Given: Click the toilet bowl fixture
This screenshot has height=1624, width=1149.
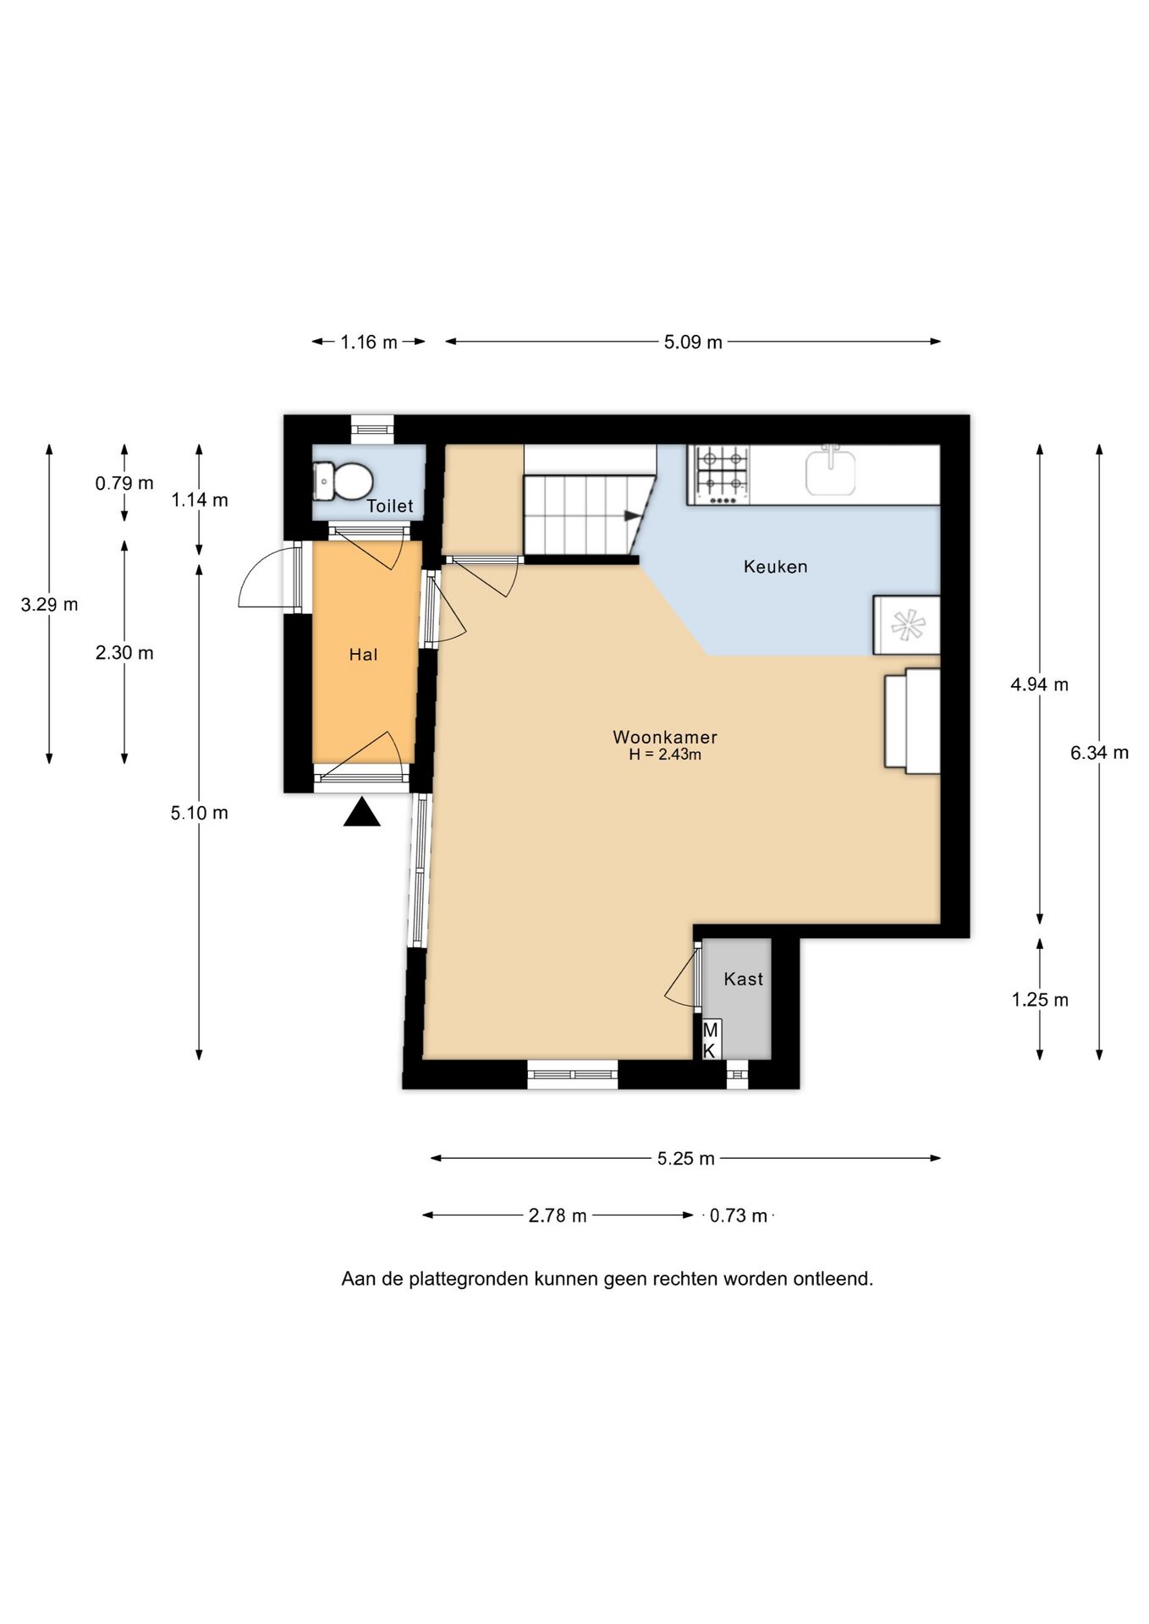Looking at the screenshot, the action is pos(343,481).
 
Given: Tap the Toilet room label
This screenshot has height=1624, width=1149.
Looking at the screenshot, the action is pos(390,506).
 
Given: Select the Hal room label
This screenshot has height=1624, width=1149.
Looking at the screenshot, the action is pos(364,654).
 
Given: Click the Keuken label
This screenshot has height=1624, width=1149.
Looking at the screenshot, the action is pos(776,567).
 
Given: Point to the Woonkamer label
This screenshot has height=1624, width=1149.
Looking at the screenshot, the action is pos(665,737).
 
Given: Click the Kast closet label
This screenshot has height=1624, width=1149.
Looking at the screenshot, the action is pos(744,979).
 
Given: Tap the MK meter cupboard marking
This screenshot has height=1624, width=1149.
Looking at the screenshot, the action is pos(711,1040).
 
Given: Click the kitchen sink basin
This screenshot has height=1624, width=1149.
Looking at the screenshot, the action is pos(831,471).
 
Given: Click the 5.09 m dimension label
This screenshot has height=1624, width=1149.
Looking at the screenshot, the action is pos(693,343).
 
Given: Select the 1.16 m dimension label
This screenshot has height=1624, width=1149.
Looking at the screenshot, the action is pos(369,343).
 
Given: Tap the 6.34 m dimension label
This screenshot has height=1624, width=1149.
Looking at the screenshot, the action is pos(1099,753).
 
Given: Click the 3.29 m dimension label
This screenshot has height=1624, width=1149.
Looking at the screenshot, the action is pos(49,605).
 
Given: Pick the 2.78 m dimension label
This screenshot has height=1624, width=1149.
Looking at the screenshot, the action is pos(558,1215).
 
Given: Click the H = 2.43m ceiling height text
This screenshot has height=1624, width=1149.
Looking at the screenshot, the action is pos(665,754).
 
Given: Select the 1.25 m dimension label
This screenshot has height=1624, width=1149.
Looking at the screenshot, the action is pos(1040,1000).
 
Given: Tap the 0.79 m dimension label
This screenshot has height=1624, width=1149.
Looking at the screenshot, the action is pos(124,483).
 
